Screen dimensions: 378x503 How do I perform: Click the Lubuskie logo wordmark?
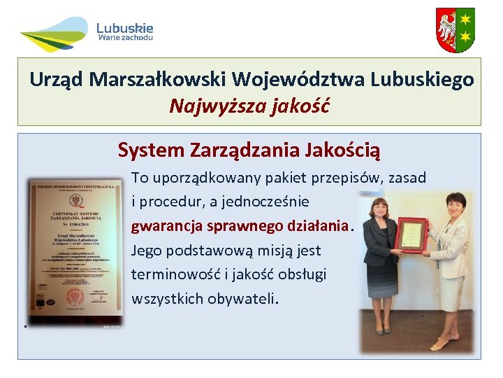coord(124,28)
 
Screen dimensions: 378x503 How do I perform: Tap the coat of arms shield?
coord(455,30)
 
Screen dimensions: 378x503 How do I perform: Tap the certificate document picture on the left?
coord(74,252)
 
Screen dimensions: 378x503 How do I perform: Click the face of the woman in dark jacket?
coord(381,209)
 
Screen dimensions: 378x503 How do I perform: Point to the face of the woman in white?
coord(455,206)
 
